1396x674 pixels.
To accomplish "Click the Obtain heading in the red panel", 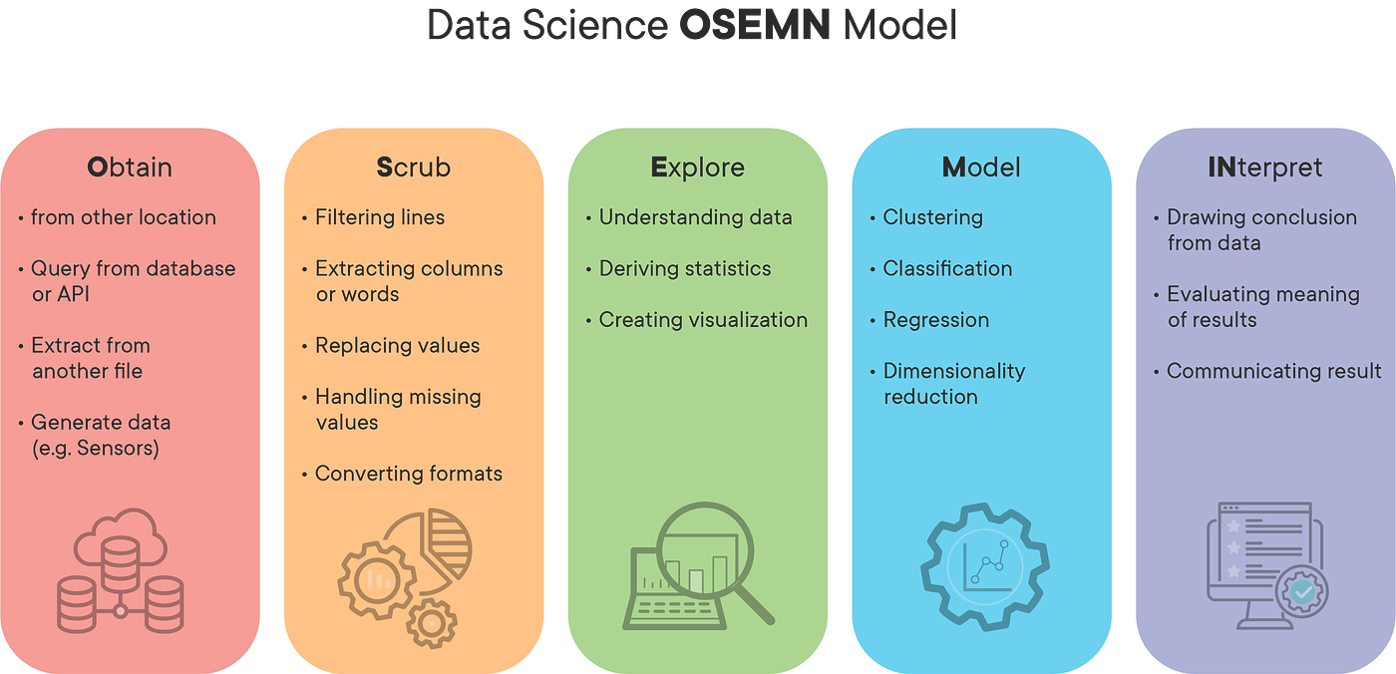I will click(129, 168).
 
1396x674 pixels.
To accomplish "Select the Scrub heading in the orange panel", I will click(413, 168).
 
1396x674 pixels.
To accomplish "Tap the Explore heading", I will click(697, 168).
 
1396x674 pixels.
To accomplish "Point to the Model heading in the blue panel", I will click(981, 168).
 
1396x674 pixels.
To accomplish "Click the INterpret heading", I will click(1264, 168).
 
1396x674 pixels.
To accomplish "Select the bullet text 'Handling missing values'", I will click(398, 409).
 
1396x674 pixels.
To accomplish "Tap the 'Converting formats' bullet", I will click(408, 474).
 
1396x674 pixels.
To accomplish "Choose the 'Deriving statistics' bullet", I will click(684, 268).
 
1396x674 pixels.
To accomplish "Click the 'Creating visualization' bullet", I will click(703, 320).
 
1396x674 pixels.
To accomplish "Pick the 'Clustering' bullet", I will click(932, 217).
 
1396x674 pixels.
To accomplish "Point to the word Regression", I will click(936, 320).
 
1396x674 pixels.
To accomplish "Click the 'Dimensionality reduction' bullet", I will click(953, 383).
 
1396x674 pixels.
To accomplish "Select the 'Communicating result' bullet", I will click(1273, 371).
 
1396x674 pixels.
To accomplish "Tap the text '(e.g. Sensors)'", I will click(96, 448).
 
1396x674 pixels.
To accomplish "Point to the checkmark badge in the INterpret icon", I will click(1302, 592).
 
